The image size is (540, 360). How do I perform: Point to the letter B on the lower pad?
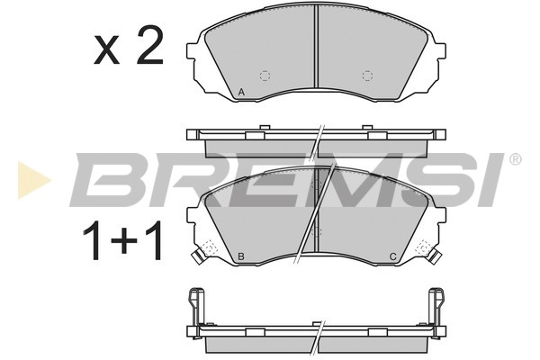click(x=240, y=258)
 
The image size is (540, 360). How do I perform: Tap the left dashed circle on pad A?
click(x=265, y=75)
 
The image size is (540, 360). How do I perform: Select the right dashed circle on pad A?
click(x=366, y=75)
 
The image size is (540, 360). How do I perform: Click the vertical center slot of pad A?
click(x=316, y=45)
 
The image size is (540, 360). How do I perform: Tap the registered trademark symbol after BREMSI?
click(x=514, y=160)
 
